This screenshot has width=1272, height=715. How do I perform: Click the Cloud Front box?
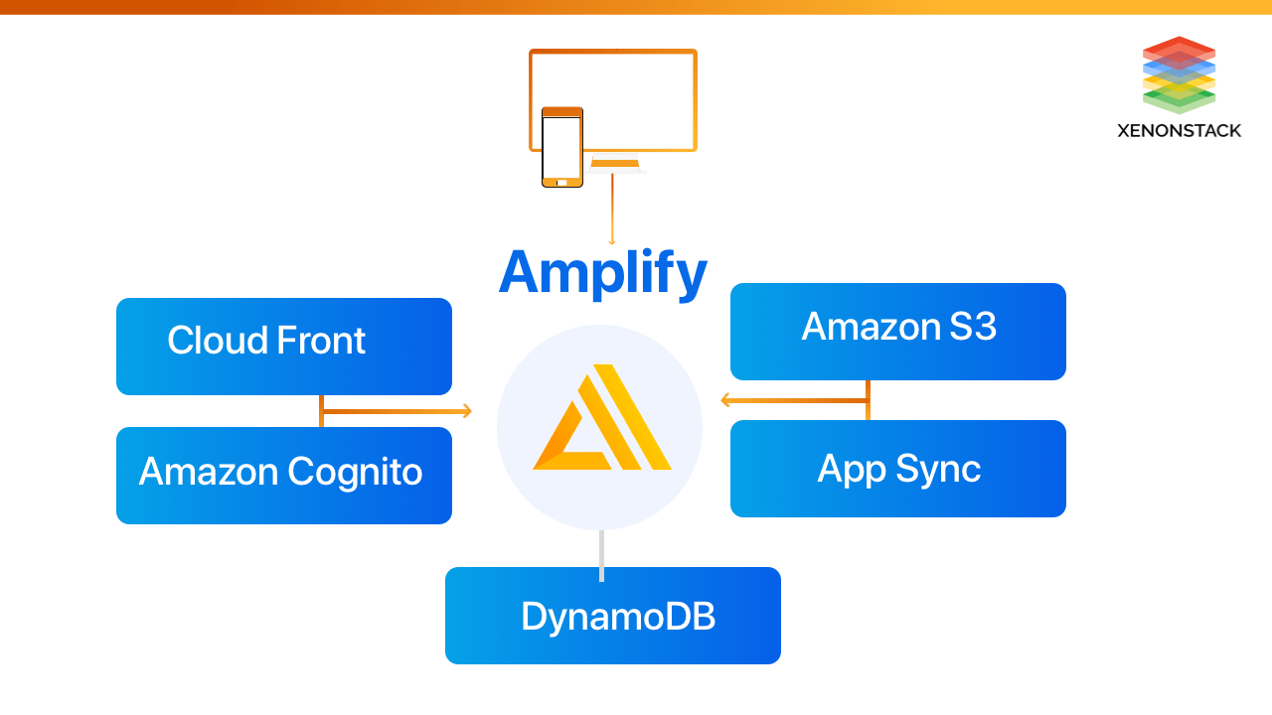tap(283, 347)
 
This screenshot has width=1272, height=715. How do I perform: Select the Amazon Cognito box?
tap(283, 476)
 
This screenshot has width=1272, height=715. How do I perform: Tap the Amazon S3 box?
tap(897, 332)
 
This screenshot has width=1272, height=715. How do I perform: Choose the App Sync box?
tap(897, 469)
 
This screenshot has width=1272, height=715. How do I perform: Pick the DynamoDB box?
tap(612, 616)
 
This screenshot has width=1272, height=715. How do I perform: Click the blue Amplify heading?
tap(602, 272)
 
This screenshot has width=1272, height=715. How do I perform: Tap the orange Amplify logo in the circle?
tap(602, 421)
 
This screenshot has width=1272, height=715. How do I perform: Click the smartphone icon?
tap(562, 147)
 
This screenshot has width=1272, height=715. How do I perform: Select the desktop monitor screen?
tap(636, 99)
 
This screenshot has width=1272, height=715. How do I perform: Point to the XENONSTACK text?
tap(1179, 130)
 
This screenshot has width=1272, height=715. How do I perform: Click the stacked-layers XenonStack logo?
tap(1179, 74)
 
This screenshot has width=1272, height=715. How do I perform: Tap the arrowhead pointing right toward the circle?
tap(465, 411)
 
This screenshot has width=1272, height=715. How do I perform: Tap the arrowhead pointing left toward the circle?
tap(726, 401)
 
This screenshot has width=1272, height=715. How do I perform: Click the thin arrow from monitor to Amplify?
tap(612, 209)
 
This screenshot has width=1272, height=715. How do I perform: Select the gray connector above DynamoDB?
tap(601, 555)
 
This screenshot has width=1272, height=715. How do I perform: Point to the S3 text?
tap(971, 327)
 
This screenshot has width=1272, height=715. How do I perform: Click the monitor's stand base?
tap(615, 167)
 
